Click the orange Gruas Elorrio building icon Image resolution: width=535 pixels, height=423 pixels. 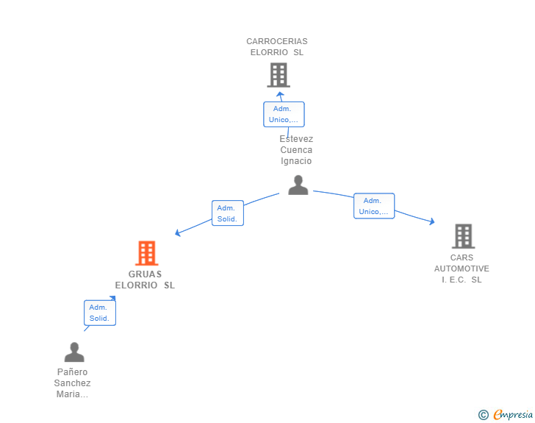[147, 253]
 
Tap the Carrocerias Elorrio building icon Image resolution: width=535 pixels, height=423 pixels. [279, 75]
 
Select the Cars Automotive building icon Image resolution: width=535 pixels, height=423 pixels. [463, 236]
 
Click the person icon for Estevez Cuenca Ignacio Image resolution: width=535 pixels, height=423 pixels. [298, 185]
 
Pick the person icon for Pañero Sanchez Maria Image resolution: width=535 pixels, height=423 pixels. [74, 352]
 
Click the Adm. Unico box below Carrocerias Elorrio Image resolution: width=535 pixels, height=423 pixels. [284, 114]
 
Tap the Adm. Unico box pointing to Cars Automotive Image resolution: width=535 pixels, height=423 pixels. [374, 206]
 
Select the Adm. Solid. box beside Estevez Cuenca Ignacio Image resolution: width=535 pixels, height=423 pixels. [228, 213]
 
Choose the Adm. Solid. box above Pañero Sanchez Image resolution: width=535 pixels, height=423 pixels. [100, 313]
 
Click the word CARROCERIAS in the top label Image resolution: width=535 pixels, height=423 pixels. [277, 41]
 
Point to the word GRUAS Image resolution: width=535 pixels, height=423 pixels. [145, 274]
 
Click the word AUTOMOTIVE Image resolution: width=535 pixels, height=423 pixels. [462, 269]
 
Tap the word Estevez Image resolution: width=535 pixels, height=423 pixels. [296, 139]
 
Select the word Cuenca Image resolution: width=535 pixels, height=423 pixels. [296, 150]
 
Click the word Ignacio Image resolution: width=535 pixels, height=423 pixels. [296, 161]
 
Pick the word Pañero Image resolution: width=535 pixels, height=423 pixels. [72, 372]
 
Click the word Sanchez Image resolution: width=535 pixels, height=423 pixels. [72, 383]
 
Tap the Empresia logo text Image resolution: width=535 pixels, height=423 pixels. [513, 414]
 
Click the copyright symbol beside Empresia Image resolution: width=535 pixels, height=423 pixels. [484, 415]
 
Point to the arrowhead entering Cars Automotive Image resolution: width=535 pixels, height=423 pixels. [432, 221]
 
